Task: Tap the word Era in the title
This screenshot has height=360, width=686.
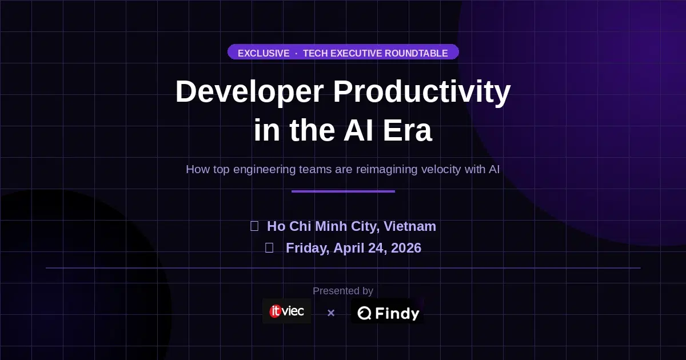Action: point(408,130)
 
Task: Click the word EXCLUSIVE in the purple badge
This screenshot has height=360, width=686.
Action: point(264,53)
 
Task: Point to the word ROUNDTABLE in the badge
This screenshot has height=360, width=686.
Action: point(416,53)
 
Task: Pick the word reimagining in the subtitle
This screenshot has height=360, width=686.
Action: point(387,170)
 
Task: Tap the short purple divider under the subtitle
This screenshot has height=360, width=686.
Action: point(343,191)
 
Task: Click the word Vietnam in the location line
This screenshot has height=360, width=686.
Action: point(410,226)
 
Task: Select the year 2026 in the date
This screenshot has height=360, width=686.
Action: point(405,248)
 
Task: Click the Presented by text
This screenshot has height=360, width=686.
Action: point(343,291)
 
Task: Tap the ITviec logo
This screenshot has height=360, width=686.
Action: point(287,311)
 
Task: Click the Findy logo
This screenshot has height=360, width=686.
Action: point(388,313)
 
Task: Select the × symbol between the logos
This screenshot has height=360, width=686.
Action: point(330,313)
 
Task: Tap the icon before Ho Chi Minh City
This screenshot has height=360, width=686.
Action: point(254,226)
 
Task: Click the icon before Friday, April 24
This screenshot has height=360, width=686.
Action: point(269,248)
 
